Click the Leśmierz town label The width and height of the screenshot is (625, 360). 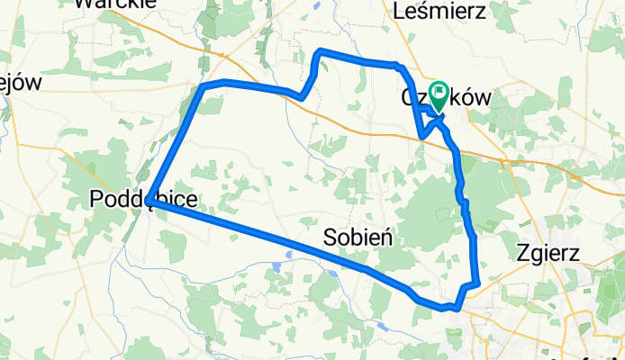pos(440,12)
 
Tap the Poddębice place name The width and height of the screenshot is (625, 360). pos(144,200)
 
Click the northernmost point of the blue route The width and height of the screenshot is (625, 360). pos(322,52)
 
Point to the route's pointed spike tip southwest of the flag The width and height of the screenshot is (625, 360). pos(421,137)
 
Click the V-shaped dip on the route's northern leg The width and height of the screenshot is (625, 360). pos(303,96)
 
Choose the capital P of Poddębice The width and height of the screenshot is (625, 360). pos(98,200)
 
